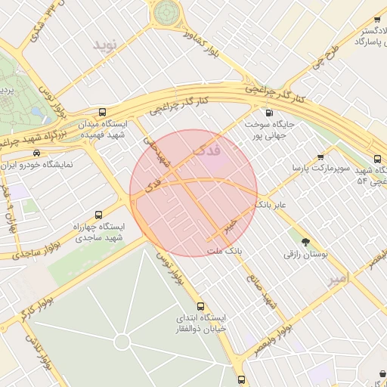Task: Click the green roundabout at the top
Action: click(166, 13)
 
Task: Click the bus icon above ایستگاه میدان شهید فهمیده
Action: click(103, 111)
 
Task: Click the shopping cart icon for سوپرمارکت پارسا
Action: click(320, 157)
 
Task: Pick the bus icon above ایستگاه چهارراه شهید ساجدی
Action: click(98, 215)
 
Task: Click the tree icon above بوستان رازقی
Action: click(305, 243)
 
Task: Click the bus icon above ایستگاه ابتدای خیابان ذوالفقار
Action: click(200, 306)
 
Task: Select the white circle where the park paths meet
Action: click(122, 342)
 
